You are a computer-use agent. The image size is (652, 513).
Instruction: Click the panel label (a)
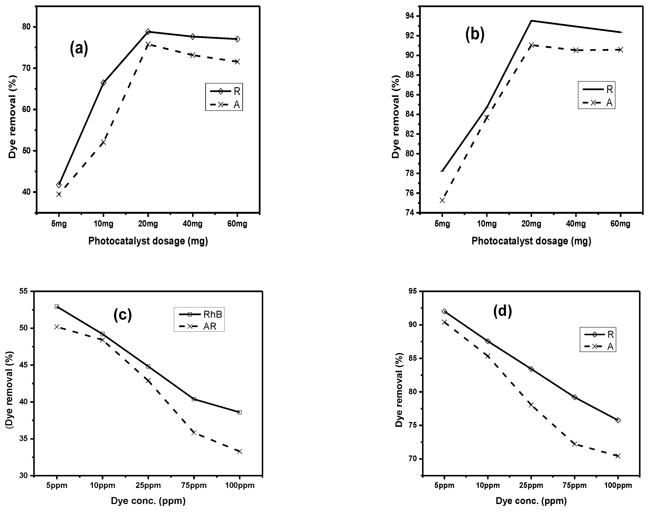coord(79,48)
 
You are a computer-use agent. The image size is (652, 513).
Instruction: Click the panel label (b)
coord(475,35)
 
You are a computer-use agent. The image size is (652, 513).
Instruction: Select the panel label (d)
coord(502,311)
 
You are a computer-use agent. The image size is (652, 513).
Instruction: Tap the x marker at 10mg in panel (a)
coord(103,142)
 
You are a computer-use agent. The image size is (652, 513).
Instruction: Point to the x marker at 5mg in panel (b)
coord(442,200)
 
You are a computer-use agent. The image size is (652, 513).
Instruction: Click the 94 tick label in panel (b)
coord(409,16)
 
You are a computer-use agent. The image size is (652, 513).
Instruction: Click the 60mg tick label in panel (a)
coord(237,224)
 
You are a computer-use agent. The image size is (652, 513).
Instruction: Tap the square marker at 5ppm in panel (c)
coord(57,306)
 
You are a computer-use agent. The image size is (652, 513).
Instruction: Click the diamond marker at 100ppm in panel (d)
coord(618,420)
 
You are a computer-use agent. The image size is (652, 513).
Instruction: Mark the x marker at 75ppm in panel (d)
coord(575,444)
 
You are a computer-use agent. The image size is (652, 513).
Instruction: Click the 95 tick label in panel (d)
coord(413,291)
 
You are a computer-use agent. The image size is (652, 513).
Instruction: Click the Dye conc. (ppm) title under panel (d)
coord(531,500)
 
